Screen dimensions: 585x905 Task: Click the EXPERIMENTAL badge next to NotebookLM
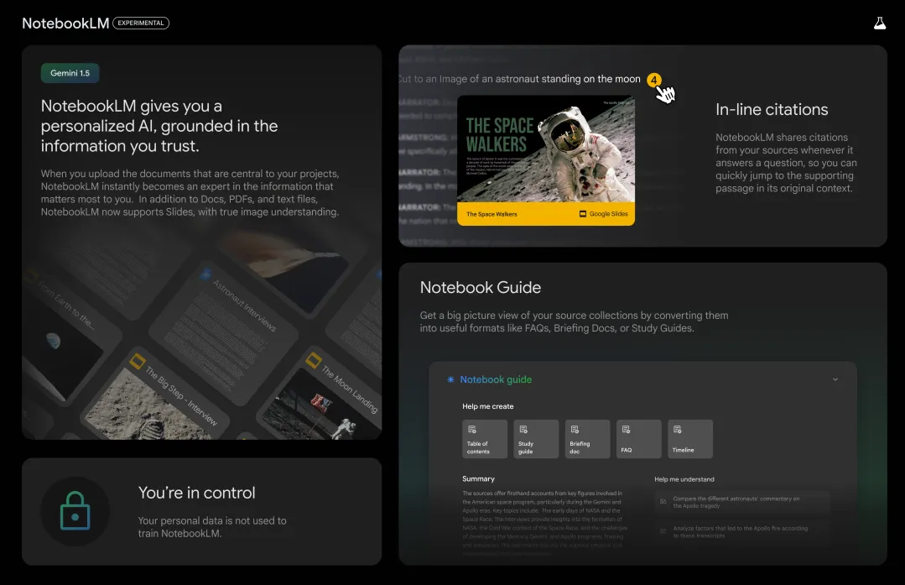[x=141, y=24]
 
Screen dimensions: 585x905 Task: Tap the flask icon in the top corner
[x=879, y=24]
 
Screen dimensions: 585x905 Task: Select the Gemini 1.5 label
[x=70, y=73]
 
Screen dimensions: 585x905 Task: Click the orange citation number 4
[x=654, y=80]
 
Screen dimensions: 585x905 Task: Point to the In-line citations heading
[x=772, y=109]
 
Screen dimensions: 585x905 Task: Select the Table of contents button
[x=485, y=439]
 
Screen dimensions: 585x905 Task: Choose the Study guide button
[x=536, y=439]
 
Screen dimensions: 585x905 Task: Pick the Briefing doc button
[x=587, y=439]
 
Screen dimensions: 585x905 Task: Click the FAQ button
[x=638, y=439]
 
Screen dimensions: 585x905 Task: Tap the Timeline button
[x=689, y=439]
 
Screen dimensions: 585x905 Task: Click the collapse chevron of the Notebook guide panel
[x=835, y=379]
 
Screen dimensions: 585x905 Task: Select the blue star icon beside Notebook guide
[x=450, y=379]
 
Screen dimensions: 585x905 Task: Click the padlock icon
[x=75, y=511]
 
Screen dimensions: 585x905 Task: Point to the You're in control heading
[x=196, y=493]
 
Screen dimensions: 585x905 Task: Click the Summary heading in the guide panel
[x=478, y=479]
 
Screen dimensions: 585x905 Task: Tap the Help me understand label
[x=684, y=479]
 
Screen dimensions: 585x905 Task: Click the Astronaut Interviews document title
[x=244, y=306]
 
